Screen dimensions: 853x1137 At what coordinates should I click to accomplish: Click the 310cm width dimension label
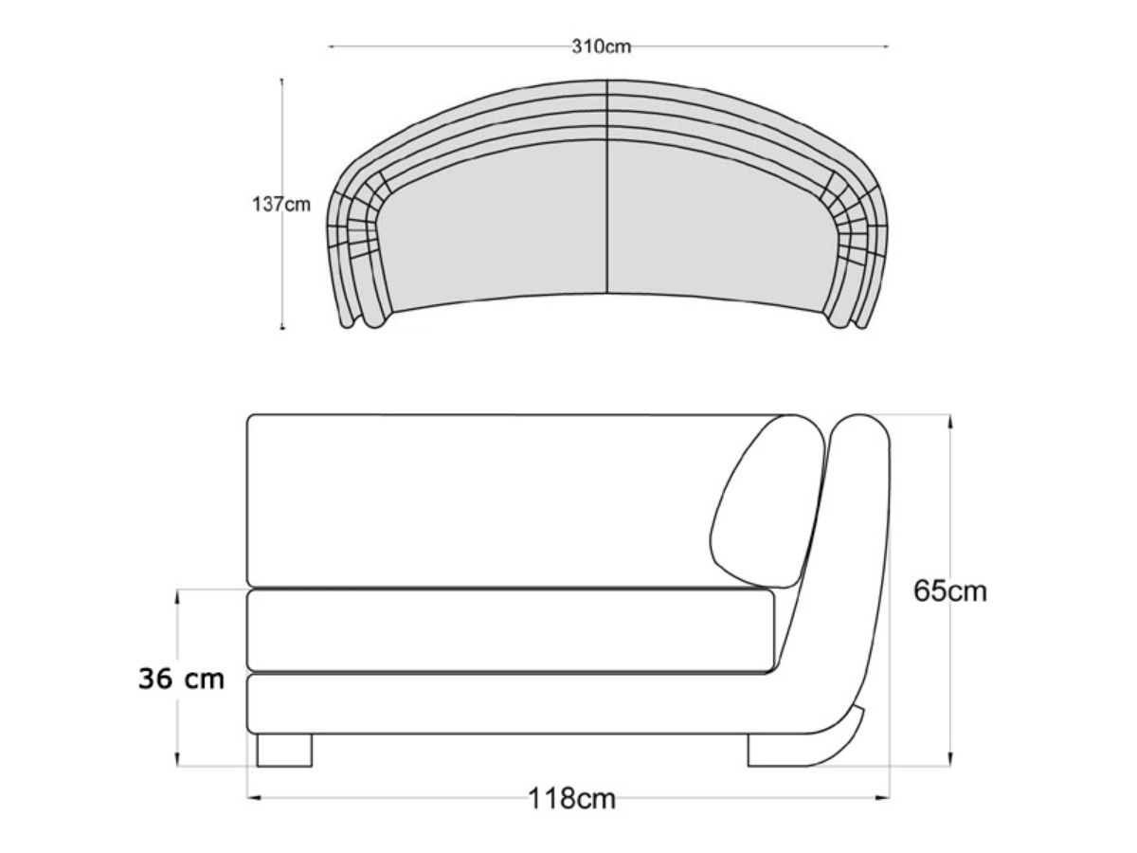pos(601,46)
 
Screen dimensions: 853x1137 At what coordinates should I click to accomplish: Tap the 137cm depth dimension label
pos(281,204)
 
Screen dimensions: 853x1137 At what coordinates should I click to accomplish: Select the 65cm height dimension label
pos(950,590)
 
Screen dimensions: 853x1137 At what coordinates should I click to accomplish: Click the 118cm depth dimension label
pos(571,799)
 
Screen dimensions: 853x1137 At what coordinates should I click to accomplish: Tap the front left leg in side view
pos(284,750)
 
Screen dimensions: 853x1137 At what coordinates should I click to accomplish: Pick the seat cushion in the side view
pos(512,631)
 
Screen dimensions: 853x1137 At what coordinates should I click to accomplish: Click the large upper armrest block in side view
pos(493,499)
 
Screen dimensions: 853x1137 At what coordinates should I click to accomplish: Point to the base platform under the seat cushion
pos(512,704)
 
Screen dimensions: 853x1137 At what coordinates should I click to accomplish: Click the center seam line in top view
pos(606,190)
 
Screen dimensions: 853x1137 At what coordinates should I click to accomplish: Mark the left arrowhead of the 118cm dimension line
pos(251,798)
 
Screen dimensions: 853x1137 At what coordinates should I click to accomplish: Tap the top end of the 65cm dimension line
pos(950,415)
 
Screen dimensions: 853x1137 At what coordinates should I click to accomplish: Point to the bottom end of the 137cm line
pos(282,328)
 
